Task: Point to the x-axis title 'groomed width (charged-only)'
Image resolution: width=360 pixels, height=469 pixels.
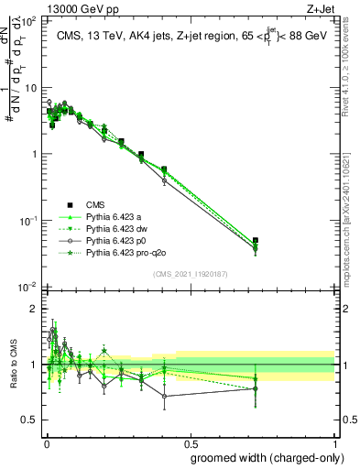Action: tap(262, 457)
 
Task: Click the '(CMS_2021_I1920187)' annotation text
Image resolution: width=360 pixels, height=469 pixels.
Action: tap(190, 274)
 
